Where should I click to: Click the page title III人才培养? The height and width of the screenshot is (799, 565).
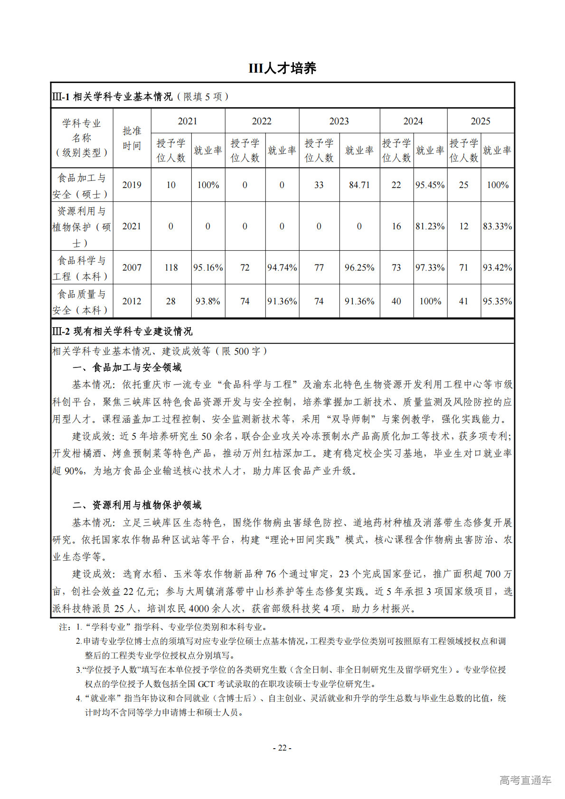tap(282, 68)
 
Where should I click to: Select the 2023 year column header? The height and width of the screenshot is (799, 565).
tap(339, 121)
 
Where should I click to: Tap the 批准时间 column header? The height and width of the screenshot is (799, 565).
tap(132, 138)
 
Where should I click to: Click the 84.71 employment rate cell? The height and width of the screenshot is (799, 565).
tap(359, 185)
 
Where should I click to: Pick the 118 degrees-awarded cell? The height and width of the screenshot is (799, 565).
tap(171, 268)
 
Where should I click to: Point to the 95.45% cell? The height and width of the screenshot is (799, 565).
tap(430, 185)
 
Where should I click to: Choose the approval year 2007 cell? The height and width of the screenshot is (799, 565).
tap(132, 268)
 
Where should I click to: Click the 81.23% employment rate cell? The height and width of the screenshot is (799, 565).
tap(430, 226)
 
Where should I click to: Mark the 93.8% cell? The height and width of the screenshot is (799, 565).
tap(208, 301)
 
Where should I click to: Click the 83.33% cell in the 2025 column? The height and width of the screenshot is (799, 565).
tap(497, 226)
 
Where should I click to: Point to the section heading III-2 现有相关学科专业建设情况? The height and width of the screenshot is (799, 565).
tap(122, 331)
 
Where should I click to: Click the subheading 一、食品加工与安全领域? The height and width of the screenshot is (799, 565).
tap(127, 367)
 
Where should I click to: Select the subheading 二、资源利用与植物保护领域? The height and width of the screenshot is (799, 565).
tap(137, 505)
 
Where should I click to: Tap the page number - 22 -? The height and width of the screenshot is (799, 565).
tap(282, 748)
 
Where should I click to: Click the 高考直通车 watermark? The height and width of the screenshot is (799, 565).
tap(525, 780)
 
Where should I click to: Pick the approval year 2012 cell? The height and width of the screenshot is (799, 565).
tap(132, 301)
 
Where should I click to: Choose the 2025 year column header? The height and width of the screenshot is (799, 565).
tap(480, 121)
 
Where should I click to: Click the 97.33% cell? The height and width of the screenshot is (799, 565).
tap(430, 268)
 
